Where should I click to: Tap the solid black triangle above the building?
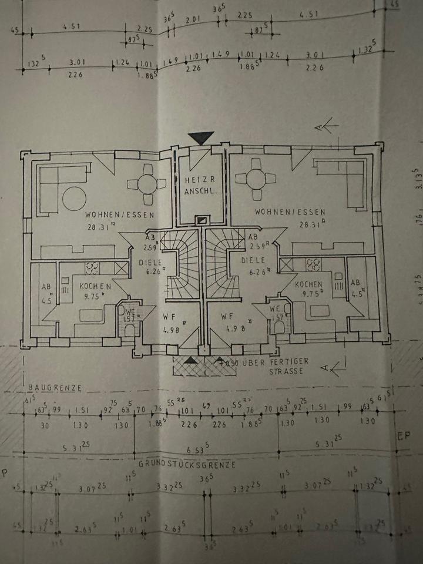coord(201,138)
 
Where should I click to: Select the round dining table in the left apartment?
coord(147,184)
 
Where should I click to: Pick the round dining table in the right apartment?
coord(256,178)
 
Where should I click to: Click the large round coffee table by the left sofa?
coord(75,199)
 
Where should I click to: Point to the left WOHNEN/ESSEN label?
coord(119,215)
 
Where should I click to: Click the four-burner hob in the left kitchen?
coord(93,268)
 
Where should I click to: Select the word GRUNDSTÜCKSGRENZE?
coord(187,464)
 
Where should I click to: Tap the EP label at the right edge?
coord(404,436)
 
